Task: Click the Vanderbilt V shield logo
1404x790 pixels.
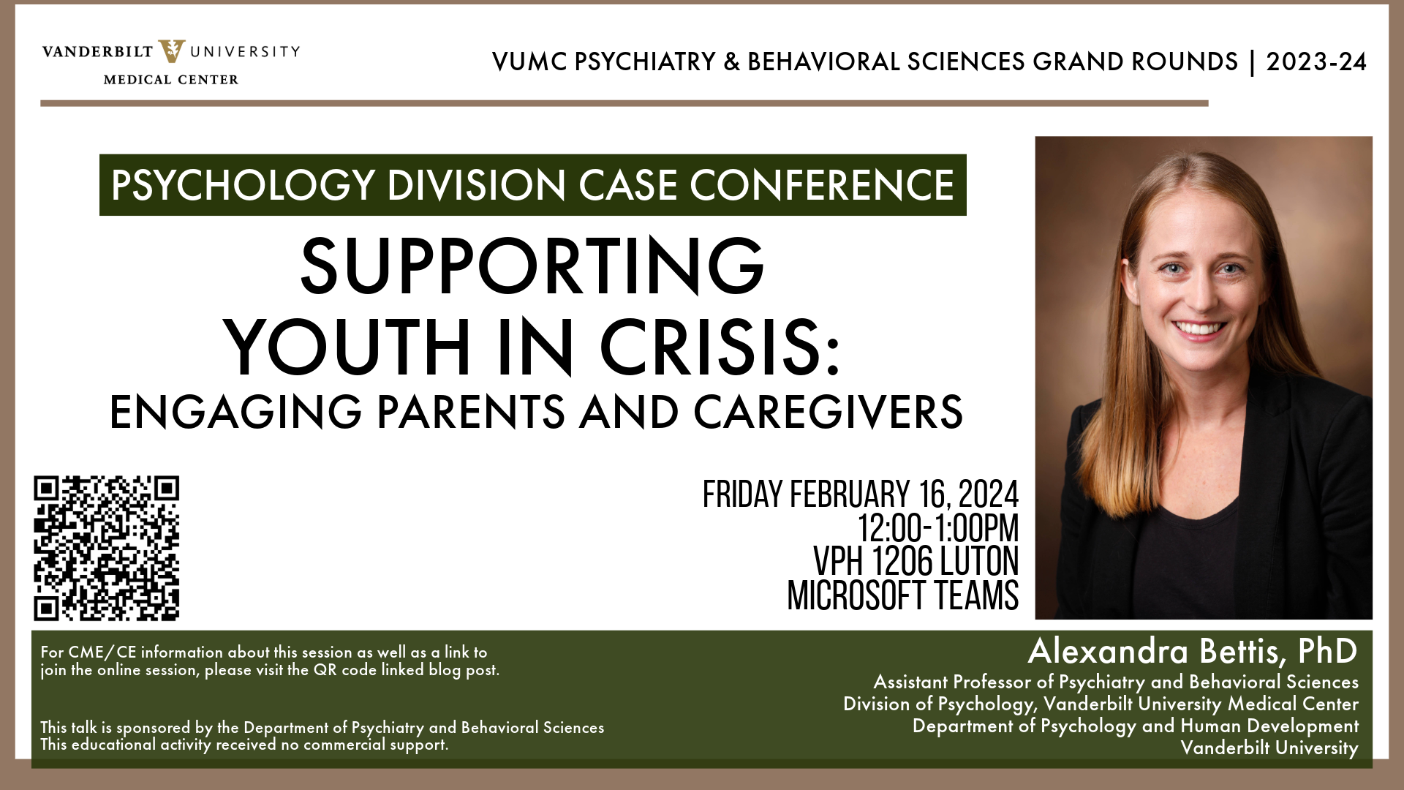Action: pos(172,51)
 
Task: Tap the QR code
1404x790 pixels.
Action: pos(106,548)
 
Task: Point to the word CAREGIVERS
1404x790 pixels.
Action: pos(828,412)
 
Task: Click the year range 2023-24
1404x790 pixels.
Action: pos(1316,61)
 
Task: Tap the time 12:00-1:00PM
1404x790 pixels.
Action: pos(938,528)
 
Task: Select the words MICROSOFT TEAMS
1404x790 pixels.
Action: pos(902,595)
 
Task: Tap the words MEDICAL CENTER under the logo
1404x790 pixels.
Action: pos(171,80)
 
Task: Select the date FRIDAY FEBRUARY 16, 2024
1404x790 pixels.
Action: pos(860,494)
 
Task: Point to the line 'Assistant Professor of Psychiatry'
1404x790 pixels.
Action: pos(1116,682)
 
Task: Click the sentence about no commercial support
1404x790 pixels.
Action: pos(244,745)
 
